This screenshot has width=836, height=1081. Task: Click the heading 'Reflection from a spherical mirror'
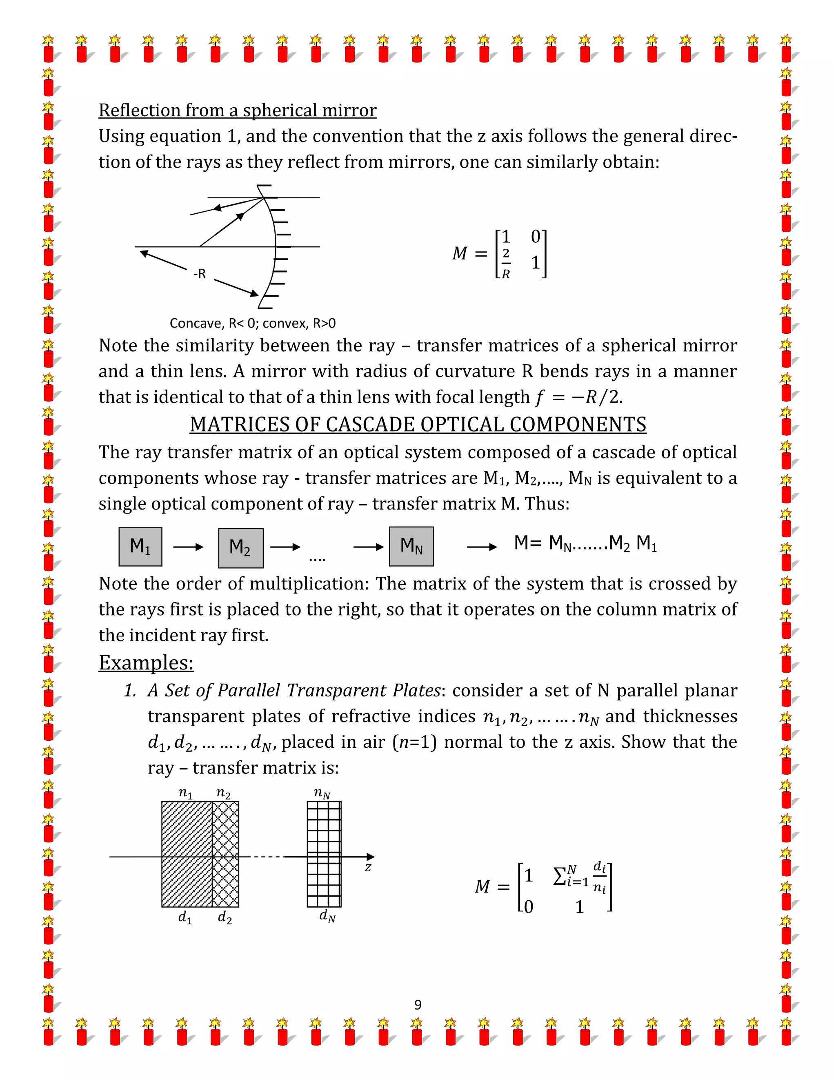pos(237,110)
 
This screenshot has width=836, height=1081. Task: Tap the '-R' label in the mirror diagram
pos(199,274)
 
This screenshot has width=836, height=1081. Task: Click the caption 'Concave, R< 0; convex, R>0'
pos(253,323)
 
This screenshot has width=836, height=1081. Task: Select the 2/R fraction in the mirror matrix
pos(506,264)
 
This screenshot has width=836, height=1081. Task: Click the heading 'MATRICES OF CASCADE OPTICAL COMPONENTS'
pos(418,424)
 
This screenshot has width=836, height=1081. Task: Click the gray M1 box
pos(140,547)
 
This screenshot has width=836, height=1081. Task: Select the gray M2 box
pos(241,547)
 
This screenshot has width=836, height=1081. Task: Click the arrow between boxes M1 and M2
pos(188,547)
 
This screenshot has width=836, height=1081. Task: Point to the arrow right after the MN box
pos(482,547)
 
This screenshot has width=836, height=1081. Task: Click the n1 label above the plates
pos(185,793)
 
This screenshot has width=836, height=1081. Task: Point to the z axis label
pos(368,867)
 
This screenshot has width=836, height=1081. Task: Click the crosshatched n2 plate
pos(225,854)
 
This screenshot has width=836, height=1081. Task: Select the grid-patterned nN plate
pos(324,854)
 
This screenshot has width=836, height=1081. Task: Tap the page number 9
pos(418,1005)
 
